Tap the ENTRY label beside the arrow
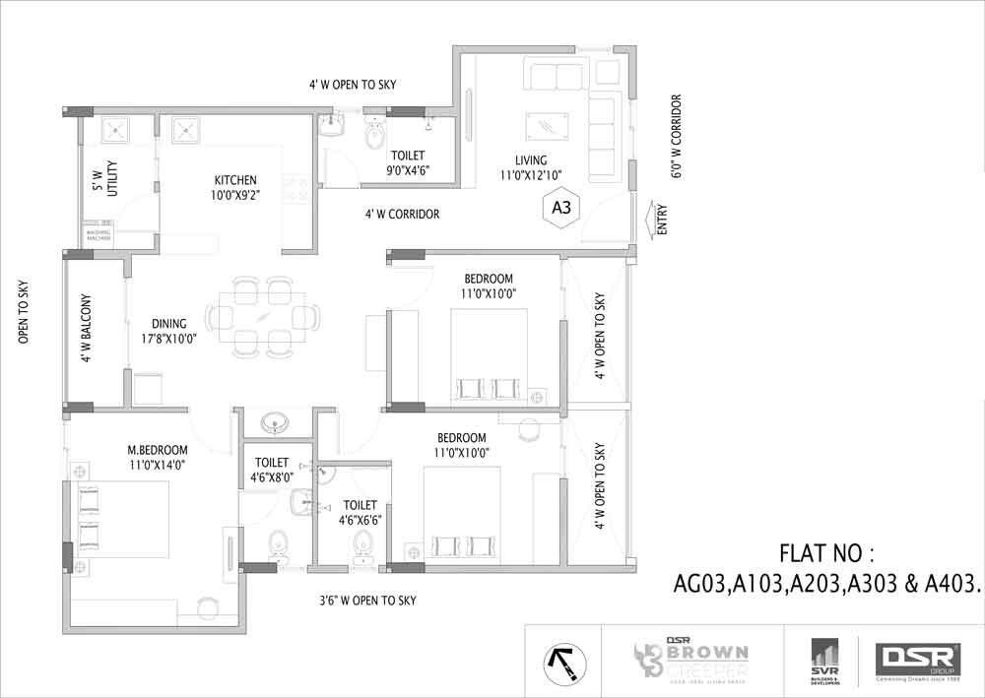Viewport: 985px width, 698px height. click(x=660, y=219)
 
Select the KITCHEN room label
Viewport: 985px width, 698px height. click(x=235, y=180)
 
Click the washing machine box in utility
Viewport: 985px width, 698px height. click(x=98, y=236)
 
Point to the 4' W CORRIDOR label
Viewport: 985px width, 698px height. click(x=402, y=214)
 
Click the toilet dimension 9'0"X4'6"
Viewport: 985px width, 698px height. click(x=408, y=170)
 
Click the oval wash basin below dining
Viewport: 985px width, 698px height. click(x=273, y=423)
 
